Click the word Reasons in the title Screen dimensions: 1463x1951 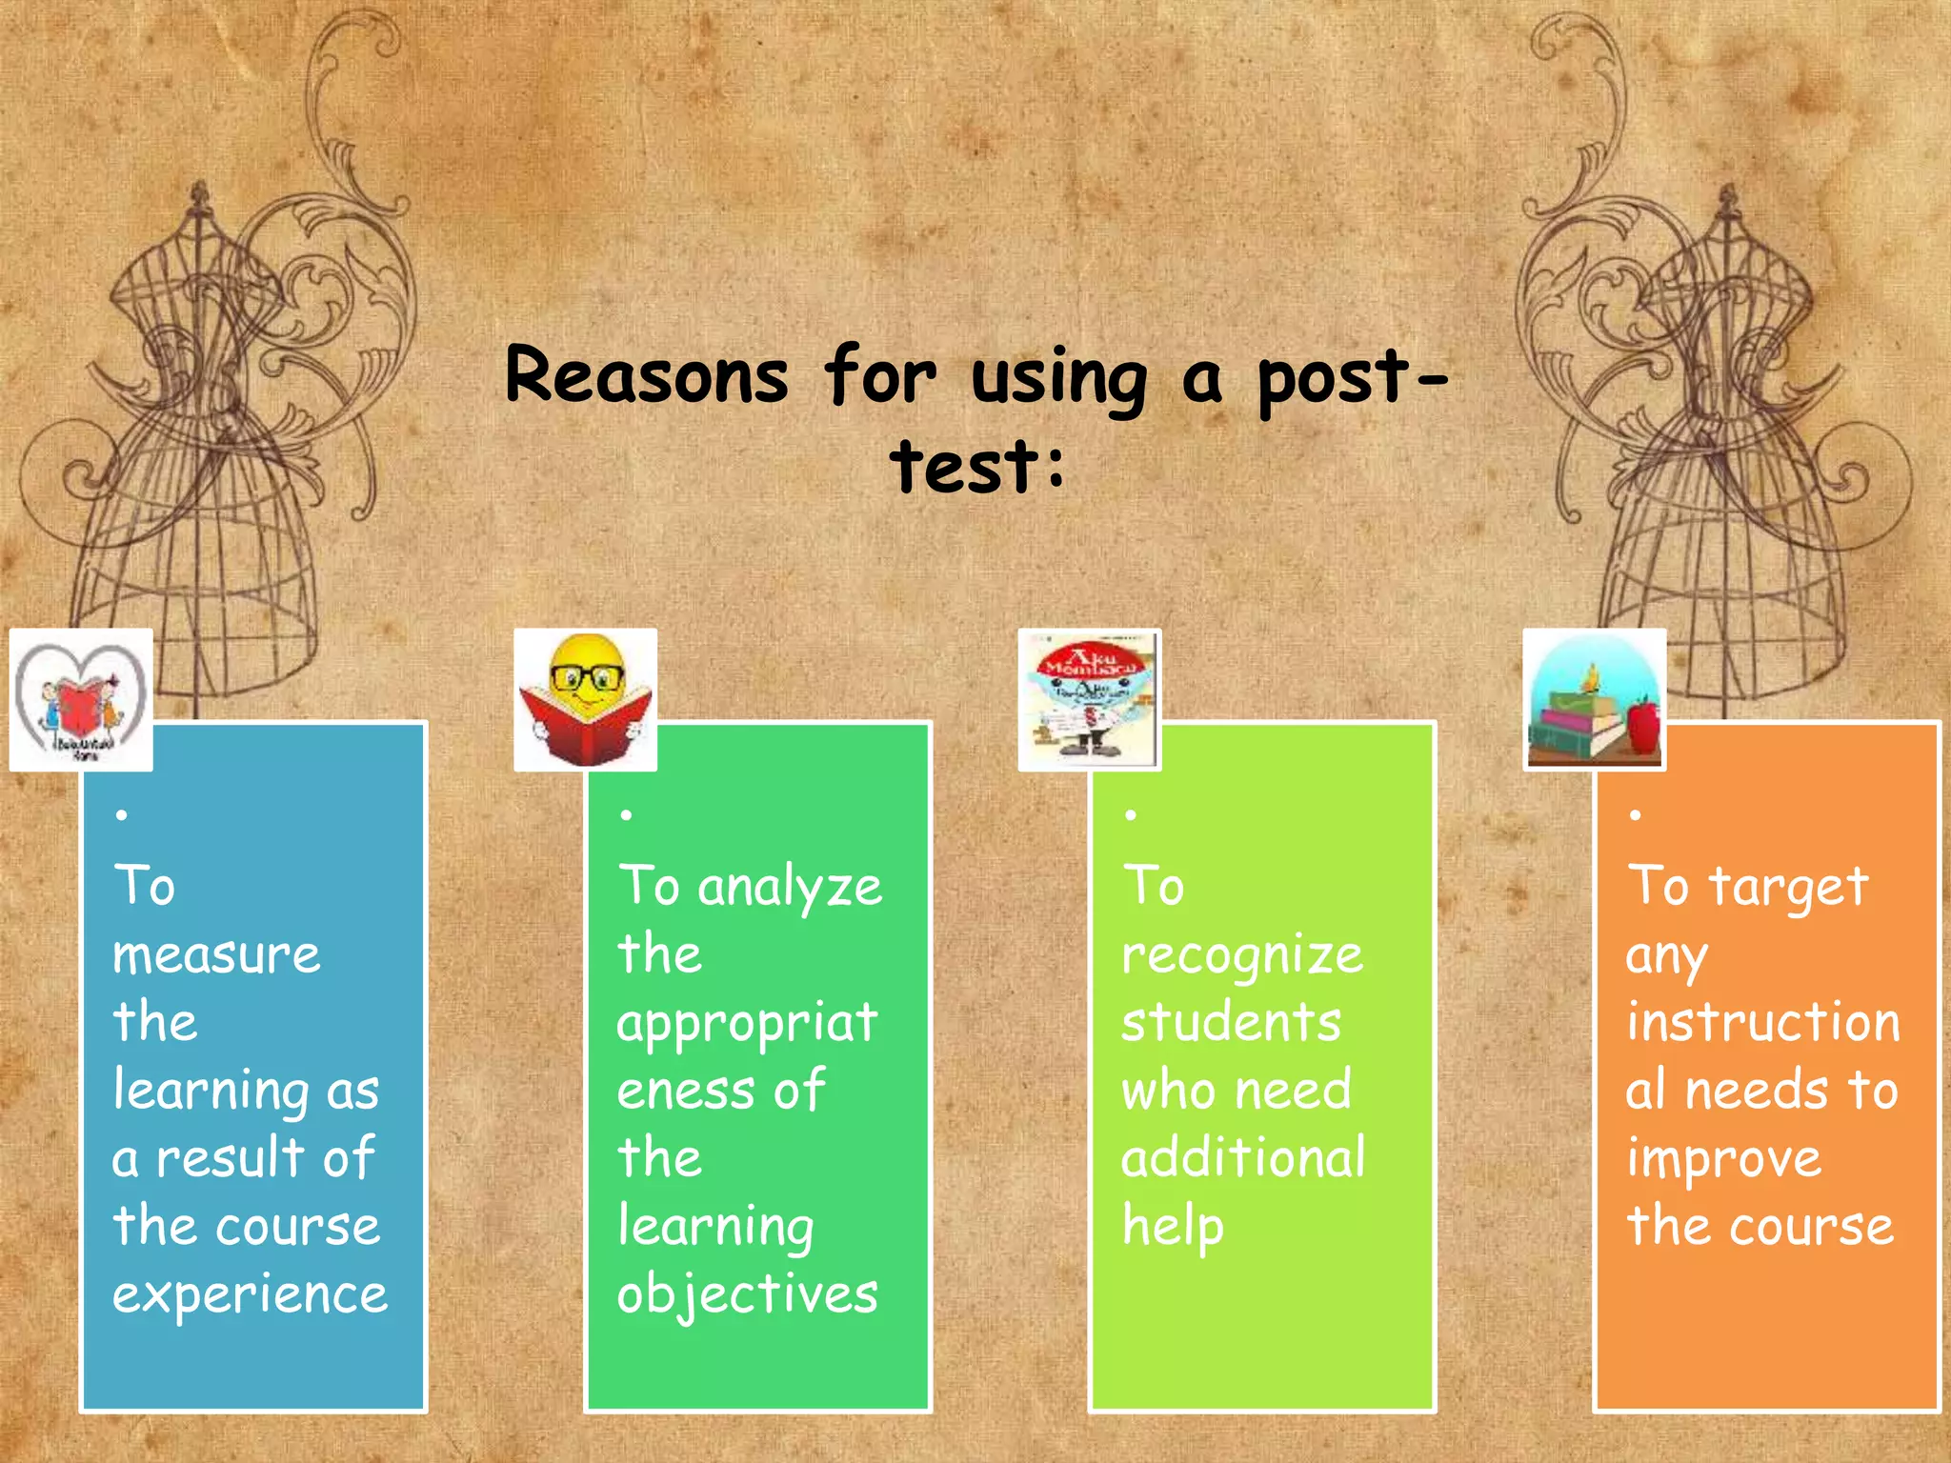[x=647, y=375]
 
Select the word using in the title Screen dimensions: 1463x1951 [x=1058, y=379]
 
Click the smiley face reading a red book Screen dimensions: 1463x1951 [x=585, y=699]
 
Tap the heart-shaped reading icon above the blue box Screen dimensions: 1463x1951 [x=81, y=699]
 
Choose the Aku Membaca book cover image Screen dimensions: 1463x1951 [x=1089, y=699]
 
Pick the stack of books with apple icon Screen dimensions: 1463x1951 [x=1594, y=699]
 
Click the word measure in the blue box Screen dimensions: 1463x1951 [x=216, y=954]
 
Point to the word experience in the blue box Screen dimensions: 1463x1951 [x=250, y=1293]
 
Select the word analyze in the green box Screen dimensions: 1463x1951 [x=790, y=888]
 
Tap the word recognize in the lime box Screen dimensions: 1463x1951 [x=1242, y=956]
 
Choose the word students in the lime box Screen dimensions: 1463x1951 [x=1231, y=1022]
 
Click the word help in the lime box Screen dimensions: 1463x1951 [x=1173, y=1227]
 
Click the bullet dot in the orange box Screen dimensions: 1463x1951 [x=1635, y=814]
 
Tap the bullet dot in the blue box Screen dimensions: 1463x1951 [x=121, y=814]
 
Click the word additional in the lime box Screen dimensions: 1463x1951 [x=1243, y=1157]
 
